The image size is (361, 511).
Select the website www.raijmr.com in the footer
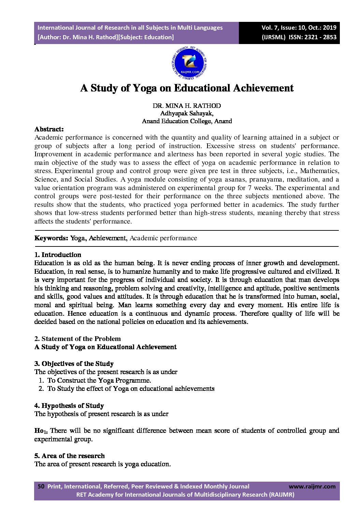[x=312, y=486]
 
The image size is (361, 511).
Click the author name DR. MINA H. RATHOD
[x=187, y=106]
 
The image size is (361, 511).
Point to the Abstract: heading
[x=49, y=129]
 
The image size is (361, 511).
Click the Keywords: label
[x=51, y=238]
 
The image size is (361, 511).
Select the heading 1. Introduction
[x=58, y=255]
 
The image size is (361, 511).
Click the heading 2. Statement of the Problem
[x=77, y=339]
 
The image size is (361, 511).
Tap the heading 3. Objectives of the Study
[x=74, y=364]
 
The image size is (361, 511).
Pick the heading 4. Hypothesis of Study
[x=69, y=406]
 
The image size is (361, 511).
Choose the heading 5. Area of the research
[x=69, y=456]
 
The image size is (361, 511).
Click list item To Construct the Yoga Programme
[x=99, y=380]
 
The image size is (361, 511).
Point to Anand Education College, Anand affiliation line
[x=187, y=121]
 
